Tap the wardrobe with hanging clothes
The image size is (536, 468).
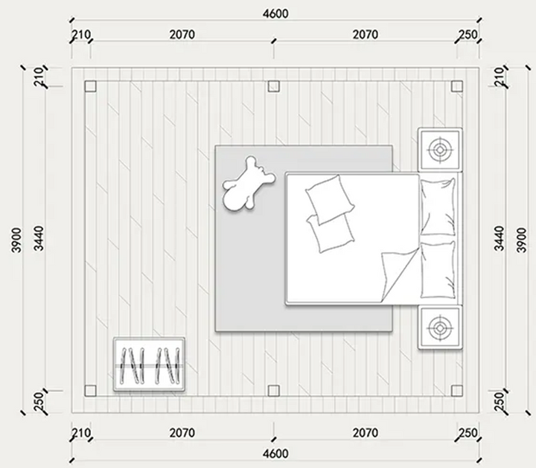tap(150, 364)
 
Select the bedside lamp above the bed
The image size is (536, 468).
tap(440, 150)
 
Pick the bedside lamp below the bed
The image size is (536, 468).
tap(440, 327)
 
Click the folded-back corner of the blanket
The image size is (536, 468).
tap(398, 276)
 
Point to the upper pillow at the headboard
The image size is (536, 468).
tap(438, 207)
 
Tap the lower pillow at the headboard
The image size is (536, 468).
tap(438, 270)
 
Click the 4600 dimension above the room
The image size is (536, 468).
tap(275, 13)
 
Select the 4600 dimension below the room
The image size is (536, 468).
tap(275, 454)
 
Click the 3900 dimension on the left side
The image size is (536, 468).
tap(16, 240)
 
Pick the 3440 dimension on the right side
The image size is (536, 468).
tap(500, 238)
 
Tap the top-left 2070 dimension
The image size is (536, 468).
tap(182, 34)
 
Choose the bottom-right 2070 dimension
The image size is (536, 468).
tap(365, 433)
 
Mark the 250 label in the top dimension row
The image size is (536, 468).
tap(468, 34)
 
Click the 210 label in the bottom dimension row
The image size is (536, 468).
tap(81, 433)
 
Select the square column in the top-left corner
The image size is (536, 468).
tap(90, 86)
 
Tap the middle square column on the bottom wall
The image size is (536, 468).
tap(273, 391)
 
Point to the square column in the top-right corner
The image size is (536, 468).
tap(457, 86)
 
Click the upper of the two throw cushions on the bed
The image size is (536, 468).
tap(330, 199)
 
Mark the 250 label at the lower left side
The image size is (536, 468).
tap(39, 402)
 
